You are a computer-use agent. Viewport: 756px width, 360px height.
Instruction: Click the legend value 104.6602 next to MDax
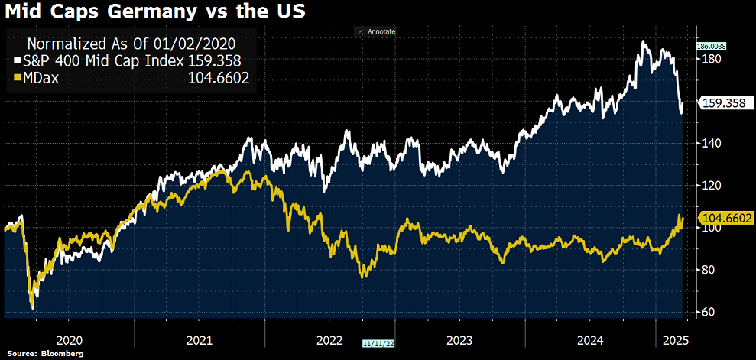pos(219,77)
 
